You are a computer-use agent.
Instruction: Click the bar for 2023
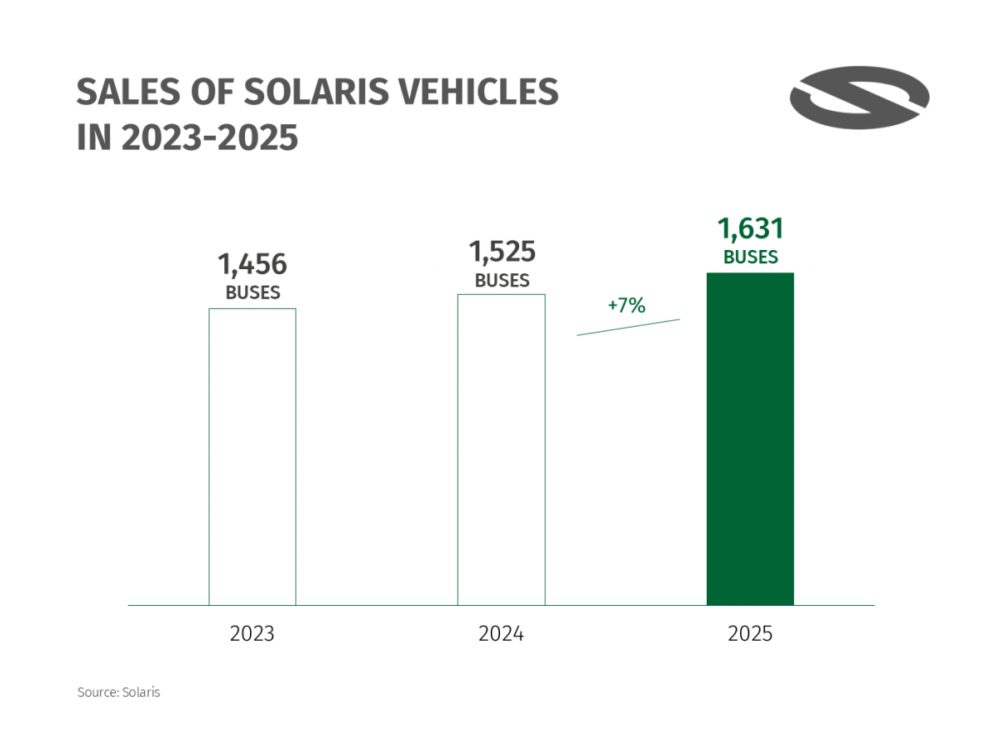tap(252, 457)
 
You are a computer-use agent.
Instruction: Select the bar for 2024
tap(501, 449)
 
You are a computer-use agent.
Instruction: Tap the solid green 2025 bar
tap(750, 438)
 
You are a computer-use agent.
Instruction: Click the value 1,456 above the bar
tap(252, 264)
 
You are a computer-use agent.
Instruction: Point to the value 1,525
tap(502, 251)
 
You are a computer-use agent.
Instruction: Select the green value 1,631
tap(751, 228)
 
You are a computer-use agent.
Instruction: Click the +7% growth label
tap(627, 306)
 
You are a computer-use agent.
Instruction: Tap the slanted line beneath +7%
tap(628, 327)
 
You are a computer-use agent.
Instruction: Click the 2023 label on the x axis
tap(252, 634)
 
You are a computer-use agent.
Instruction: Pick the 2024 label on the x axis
tap(501, 634)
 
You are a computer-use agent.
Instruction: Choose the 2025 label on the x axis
tap(750, 634)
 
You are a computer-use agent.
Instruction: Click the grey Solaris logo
tap(859, 97)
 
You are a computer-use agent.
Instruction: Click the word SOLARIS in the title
tap(317, 92)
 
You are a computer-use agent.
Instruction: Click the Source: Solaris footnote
tap(118, 692)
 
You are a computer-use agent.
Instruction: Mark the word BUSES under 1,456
tap(252, 293)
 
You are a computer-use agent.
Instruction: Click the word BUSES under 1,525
tap(502, 281)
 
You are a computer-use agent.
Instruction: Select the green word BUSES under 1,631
tap(751, 257)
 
